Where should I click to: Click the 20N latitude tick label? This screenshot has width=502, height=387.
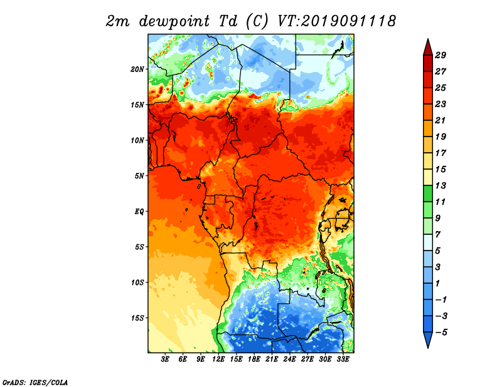tap(137, 70)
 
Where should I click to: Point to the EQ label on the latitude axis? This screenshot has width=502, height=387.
tap(139, 212)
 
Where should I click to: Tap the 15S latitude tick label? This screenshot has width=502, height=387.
tap(137, 318)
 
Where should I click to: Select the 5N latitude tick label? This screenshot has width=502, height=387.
tap(139, 176)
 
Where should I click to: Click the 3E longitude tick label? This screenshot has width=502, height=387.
tap(165, 359)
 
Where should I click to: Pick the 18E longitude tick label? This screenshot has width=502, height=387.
tap(254, 359)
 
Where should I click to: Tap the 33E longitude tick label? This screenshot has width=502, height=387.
tap(343, 359)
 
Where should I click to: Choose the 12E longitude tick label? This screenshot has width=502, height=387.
tap(218, 359)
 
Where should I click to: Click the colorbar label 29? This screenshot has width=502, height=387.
tap(441, 55)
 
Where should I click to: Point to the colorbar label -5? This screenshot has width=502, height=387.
tap(441, 333)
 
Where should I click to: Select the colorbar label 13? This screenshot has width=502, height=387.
tap(441, 185)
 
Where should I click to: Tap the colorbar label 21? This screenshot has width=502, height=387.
tap(441, 120)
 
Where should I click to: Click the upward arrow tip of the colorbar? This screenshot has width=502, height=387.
tap(428, 39)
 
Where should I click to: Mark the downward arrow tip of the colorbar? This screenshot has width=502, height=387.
tap(428, 348)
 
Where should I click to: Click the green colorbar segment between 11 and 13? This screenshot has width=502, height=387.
tap(428, 194)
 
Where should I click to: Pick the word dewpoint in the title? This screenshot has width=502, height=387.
tap(174, 22)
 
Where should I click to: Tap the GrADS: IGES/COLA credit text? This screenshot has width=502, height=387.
tap(35, 382)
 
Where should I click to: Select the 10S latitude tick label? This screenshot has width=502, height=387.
tap(137, 282)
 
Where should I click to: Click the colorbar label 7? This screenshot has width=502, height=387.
tap(438, 235)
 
